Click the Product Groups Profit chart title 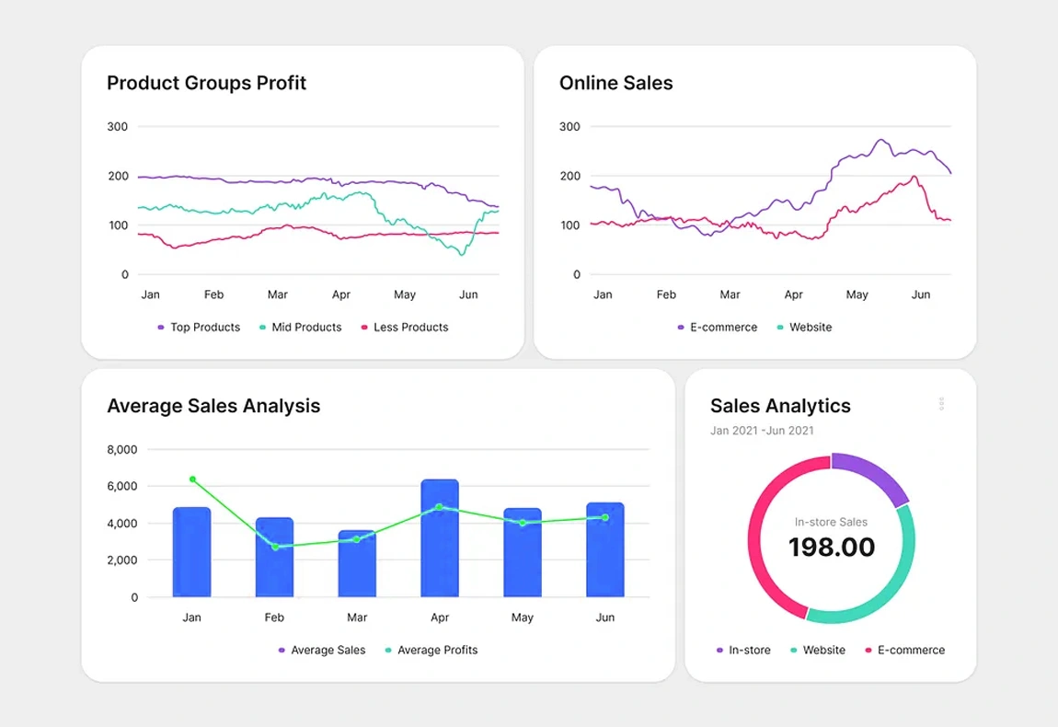[x=206, y=83]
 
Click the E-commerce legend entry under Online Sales [x=718, y=327]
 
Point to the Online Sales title [x=615, y=83]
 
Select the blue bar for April [x=440, y=543]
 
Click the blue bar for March [x=357, y=566]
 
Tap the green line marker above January [x=192, y=479]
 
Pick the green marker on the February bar [x=275, y=547]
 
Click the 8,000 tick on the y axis [x=122, y=449]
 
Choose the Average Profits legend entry [x=431, y=650]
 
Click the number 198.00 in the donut [x=831, y=547]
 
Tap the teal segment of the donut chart [x=883, y=590]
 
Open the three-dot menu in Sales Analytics [x=941, y=404]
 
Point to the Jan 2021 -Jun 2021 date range [x=762, y=430]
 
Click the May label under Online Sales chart [x=857, y=294]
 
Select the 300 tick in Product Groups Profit [x=118, y=126]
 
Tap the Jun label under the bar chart [x=604, y=617]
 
